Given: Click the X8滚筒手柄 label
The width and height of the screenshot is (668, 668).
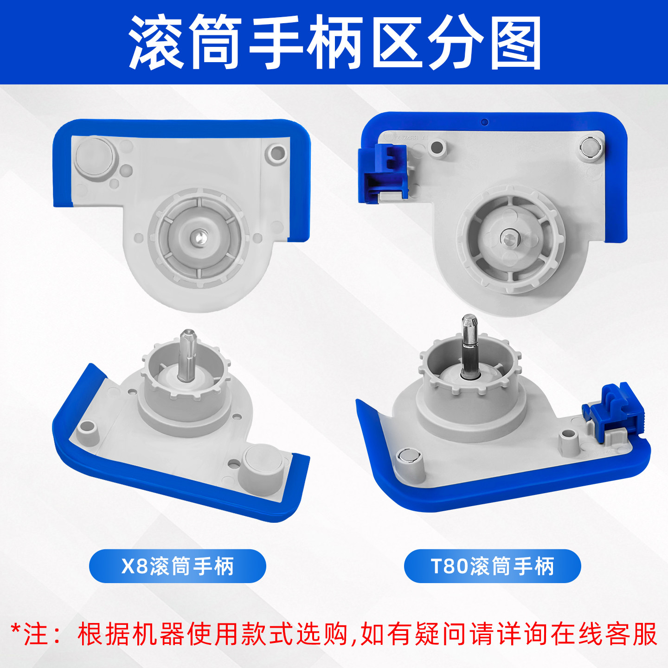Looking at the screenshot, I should [177, 566].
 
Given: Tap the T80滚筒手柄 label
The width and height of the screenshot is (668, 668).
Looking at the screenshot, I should [492, 566].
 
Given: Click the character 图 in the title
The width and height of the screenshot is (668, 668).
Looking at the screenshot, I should [516, 43].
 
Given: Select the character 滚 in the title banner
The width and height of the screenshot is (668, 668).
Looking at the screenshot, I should [155, 43].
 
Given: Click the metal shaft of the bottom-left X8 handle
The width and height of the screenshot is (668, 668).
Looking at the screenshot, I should [188, 355].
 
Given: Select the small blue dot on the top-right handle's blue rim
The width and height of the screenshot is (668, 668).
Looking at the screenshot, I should [485, 122].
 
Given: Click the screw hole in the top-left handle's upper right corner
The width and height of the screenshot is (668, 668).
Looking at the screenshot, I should [277, 153].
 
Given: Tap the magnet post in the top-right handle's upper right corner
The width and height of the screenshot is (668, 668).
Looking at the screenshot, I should [591, 147].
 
